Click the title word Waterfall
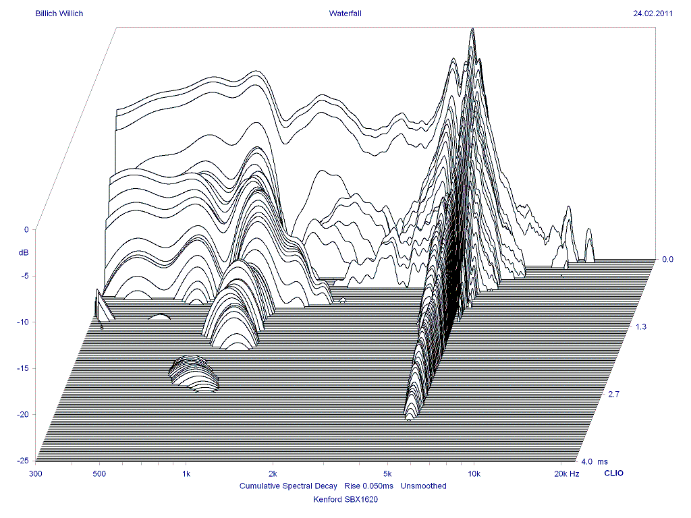point(345,13)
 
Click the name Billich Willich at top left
point(59,13)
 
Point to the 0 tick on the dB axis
point(26,229)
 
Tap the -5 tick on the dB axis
point(24,276)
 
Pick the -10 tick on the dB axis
point(23,322)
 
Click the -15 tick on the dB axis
point(23,368)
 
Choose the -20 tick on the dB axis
point(23,414)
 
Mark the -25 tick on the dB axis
point(23,461)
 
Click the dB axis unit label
point(24,252)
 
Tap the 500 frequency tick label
point(99,473)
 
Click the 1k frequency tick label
point(186,473)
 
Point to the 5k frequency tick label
point(387,473)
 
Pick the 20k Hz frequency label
point(565,473)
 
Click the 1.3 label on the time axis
point(641,327)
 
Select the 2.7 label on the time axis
point(613,395)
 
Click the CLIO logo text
point(613,473)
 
